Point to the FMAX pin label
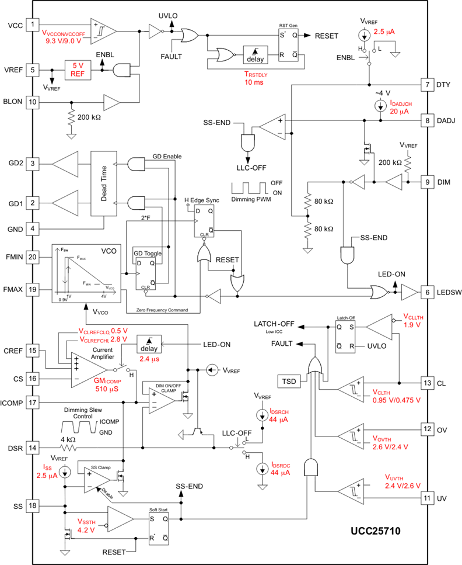15,289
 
